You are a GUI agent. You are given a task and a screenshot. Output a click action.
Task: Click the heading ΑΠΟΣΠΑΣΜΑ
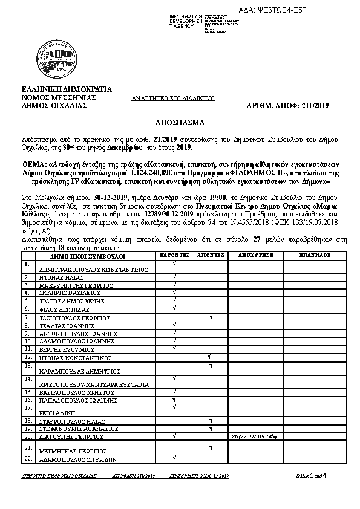[x=180, y=122]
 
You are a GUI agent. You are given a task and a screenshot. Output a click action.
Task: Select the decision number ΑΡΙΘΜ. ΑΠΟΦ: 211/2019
[x=289, y=105]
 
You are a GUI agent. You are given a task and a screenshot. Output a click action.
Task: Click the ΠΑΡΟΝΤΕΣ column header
[x=174, y=256]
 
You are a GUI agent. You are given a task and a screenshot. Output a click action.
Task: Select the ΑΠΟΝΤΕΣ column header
[x=210, y=256]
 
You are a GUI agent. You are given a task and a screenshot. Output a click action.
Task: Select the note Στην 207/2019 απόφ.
[x=249, y=436]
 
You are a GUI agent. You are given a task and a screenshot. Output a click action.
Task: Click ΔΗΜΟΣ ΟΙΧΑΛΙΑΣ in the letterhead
[x=54, y=105]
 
